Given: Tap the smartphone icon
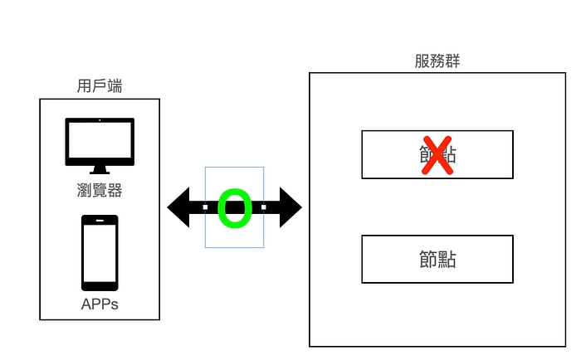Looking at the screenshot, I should click(x=100, y=252).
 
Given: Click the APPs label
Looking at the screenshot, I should click(x=100, y=304).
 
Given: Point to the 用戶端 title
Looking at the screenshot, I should click(x=100, y=85).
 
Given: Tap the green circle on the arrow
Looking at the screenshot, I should click(x=234, y=207).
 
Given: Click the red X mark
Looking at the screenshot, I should click(x=437, y=154).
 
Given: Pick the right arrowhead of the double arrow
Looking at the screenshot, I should click(x=288, y=207).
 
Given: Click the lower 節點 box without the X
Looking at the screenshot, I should click(x=437, y=259).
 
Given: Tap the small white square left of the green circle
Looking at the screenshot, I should click(x=206, y=207).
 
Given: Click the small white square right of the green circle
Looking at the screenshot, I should click(x=263, y=207).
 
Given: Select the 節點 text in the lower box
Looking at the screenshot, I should click(x=437, y=259).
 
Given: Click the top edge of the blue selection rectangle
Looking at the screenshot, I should click(x=235, y=168).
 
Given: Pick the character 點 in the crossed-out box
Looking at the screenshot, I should click(x=447, y=155).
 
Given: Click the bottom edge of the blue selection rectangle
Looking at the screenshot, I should click(x=235, y=247).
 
